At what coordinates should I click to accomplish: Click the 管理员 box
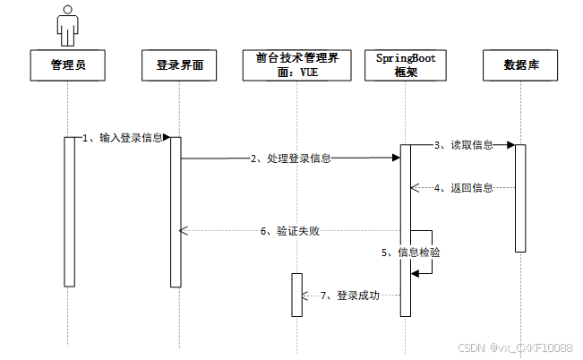68,64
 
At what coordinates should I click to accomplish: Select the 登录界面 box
179,64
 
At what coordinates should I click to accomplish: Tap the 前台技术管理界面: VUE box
292,64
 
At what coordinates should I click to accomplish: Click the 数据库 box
519,64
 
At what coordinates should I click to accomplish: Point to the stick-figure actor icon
67,24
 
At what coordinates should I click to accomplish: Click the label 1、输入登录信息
123,138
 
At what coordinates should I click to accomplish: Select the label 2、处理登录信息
291,159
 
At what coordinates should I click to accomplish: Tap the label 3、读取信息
463,144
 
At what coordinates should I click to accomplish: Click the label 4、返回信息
463,189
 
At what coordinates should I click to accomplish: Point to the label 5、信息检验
411,253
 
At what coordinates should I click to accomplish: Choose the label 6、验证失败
290,231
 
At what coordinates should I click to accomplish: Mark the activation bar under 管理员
69,211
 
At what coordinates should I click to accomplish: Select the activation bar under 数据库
519,197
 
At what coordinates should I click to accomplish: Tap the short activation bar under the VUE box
297,295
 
